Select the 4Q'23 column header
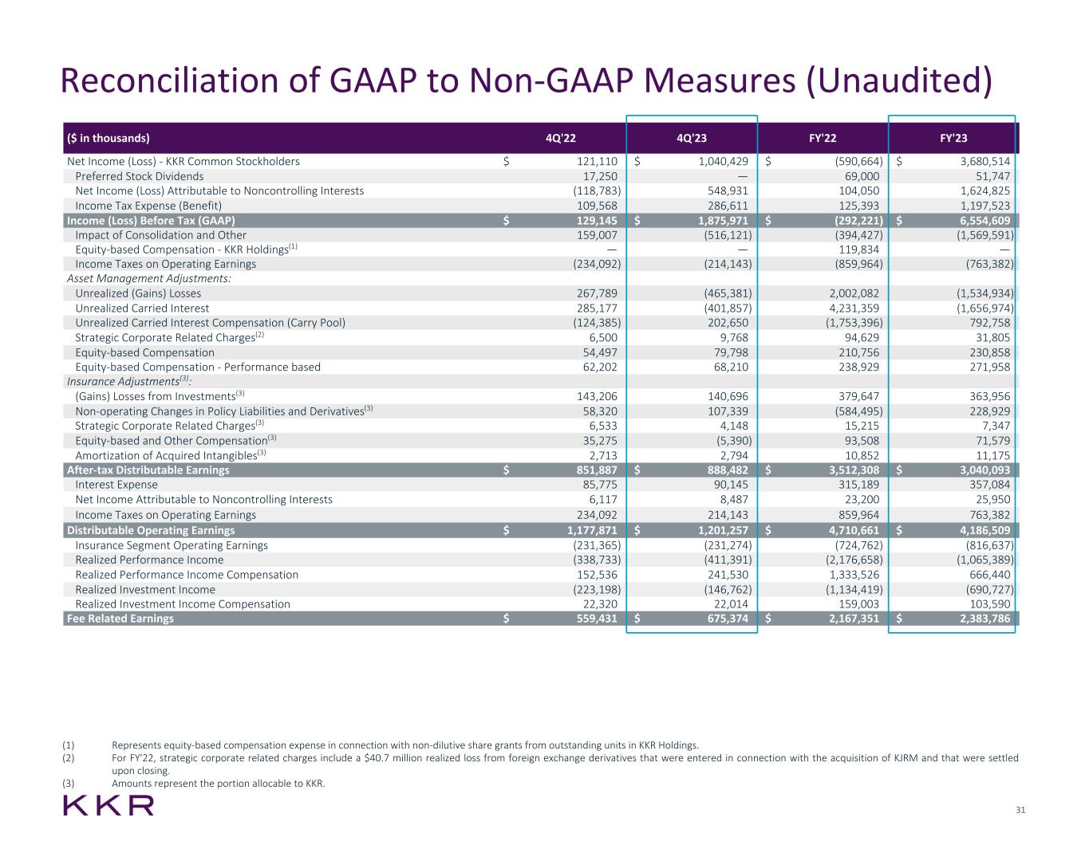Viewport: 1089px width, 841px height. coord(691,138)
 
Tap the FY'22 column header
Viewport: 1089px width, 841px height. coord(823,138)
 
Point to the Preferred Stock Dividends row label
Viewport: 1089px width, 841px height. coord(139,176)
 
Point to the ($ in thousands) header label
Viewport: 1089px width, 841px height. coord(108,138)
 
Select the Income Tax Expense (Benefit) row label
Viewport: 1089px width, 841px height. coord(148,206)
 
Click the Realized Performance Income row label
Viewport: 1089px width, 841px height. coord(149,560)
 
